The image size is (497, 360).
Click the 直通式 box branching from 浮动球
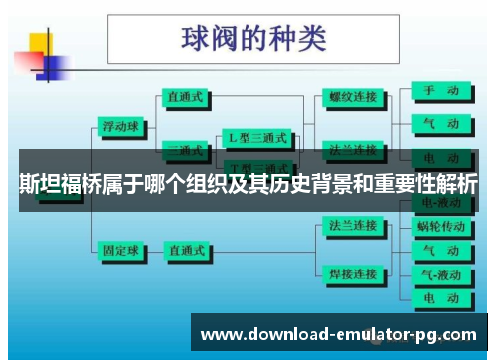click(x=187, y=97)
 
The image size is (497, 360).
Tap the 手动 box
click(x=438, y=90)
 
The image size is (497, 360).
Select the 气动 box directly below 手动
click(x=438, y=123)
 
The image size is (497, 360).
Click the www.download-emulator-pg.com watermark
click(x=339, y=334)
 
